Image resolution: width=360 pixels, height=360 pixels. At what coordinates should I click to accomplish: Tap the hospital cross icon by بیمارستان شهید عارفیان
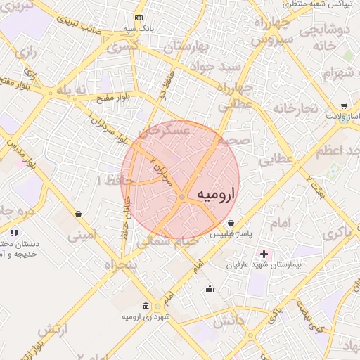tap(264, 253)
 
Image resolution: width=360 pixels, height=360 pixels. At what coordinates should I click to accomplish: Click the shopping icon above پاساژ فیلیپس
tap(231, 224)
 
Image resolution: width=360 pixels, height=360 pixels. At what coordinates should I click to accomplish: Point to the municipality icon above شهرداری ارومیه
tap(146, 306)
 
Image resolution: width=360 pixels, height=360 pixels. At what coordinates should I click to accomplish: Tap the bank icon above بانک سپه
tap(139, 18)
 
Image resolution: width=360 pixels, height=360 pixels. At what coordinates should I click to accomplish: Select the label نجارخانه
tap(296, 109)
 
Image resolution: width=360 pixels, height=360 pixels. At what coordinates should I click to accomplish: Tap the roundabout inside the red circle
tap(182, 198)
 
